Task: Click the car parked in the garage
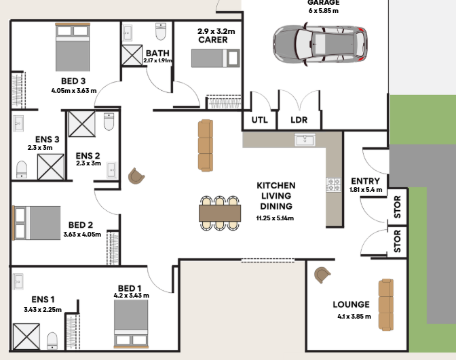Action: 320,44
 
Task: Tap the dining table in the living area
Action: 220,214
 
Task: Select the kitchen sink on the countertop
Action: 305,140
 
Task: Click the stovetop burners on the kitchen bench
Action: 334,185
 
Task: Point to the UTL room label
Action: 259,120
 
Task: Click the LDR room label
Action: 299,120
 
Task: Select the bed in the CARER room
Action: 216,58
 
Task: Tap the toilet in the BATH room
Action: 161,31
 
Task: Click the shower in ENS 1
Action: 26,336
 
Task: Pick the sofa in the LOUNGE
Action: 386,304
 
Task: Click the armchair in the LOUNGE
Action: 322,275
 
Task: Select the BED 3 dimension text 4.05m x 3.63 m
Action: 74,91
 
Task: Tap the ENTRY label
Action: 365,181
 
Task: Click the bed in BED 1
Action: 131,323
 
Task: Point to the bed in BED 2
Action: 37,223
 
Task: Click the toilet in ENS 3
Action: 22,169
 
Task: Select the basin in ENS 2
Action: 112,169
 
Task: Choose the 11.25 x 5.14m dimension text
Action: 275,218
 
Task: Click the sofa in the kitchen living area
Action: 206,145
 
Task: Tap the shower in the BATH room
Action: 132,55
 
